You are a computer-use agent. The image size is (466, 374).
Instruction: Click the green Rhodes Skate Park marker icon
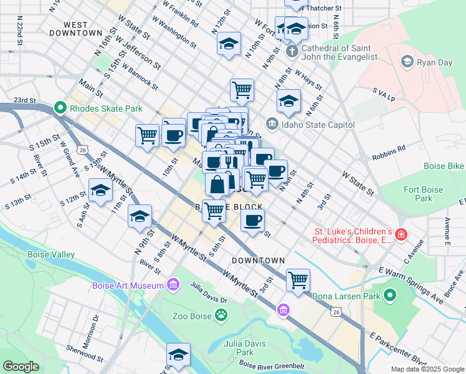[x=60, y=108]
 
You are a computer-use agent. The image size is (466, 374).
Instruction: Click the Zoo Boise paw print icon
[x=221, y=315]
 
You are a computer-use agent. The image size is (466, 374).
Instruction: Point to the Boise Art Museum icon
[x=174, y=285]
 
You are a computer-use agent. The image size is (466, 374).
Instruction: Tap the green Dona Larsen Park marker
[x=390, y=295]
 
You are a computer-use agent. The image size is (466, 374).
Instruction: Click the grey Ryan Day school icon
[x=407, y=60]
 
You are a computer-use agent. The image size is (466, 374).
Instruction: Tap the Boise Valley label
[x=51, y=254]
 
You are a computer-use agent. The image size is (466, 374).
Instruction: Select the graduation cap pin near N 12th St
[x=229, y=44]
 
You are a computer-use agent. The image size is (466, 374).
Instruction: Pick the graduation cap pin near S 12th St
[x=100, y=190]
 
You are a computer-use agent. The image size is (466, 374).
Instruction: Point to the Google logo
[x=21, y=367]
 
